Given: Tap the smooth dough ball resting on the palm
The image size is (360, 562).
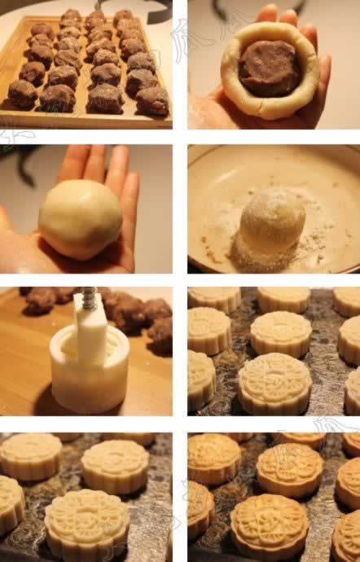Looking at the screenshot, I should tap(81, 219).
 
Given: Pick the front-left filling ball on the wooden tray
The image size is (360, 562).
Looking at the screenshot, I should tap(23, 94).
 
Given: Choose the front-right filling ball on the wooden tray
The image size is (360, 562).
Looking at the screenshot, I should tap(152, 101).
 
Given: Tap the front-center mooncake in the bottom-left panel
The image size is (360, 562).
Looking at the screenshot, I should tap(86, 521).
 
